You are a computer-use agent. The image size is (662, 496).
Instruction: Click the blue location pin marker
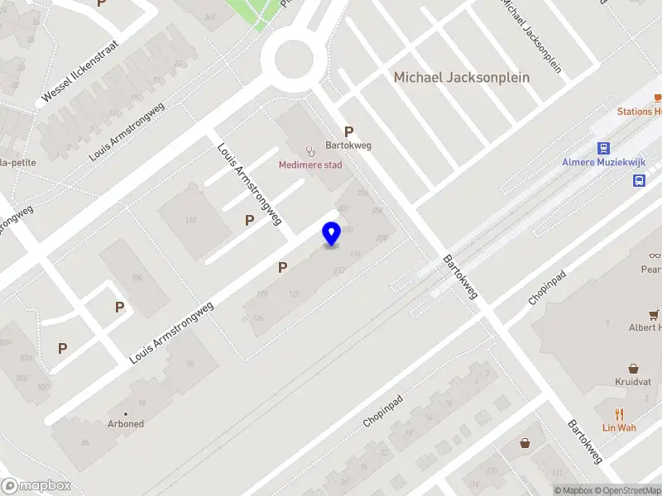[331, 234]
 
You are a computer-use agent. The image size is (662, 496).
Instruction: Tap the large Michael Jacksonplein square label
[461, 77]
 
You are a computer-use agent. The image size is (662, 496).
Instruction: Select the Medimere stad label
[309, 165]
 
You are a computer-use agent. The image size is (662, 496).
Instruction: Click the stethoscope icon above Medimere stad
[310, 150]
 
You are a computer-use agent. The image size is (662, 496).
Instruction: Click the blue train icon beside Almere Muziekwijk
[603, 149]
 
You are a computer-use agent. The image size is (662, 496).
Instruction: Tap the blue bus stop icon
[640, 180]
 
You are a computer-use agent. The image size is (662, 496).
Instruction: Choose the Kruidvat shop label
[634, 384]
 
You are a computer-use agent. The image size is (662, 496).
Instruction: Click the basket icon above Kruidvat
[634, 369]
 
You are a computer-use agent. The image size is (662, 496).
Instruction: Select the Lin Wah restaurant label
[619, 427]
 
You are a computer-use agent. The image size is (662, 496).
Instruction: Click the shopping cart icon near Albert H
[655, 314]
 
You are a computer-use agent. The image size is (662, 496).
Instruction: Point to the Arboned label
[126, 424]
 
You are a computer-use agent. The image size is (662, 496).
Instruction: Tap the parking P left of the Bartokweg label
[349, 131]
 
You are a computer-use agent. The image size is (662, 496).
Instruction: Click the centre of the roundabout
[292, 59]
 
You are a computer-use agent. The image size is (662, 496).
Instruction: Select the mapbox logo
[36, 486]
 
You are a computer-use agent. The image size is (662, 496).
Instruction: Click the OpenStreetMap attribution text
[628, 491]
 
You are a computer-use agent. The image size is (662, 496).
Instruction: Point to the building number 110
[191, 220]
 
